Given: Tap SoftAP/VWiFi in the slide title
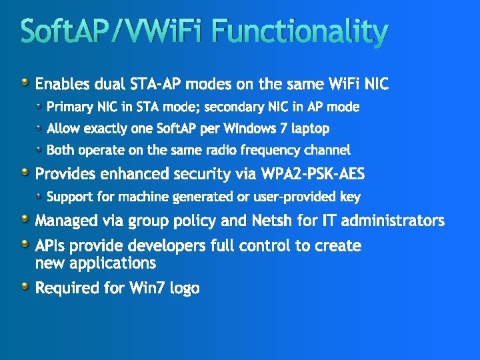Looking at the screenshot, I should coord(113,31).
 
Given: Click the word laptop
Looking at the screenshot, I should coord(309,128).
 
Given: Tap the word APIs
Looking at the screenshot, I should coord(51,246).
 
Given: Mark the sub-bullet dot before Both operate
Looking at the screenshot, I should coord(40,149).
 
